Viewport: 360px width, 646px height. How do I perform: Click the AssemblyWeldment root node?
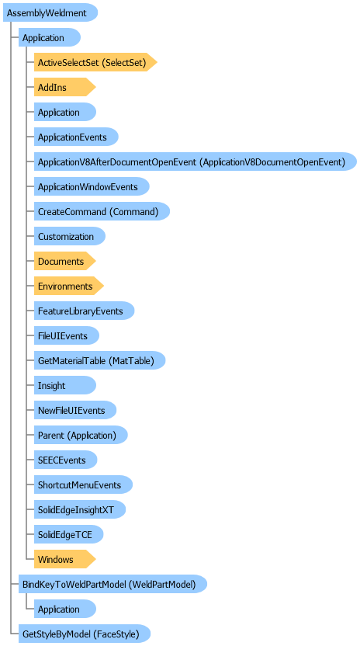pos(50,12)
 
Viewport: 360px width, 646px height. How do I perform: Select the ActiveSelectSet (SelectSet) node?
pos(95,63)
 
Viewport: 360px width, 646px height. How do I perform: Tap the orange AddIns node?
pos(64,87)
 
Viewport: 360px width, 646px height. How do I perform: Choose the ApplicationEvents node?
pos(76,137)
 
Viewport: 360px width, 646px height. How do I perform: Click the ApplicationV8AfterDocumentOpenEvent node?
pos(196,162)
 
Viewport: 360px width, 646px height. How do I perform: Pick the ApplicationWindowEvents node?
pos(92,186)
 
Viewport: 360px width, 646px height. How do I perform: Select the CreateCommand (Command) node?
pos(102,211)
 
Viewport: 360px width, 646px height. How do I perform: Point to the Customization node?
pos(70,237)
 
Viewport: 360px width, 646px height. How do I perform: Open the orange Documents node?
pos(64,261)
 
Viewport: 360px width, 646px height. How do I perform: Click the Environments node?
pos(69,286)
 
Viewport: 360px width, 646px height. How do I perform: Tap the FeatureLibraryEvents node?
pos(84,311)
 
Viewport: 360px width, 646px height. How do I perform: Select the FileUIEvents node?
pos(66,335)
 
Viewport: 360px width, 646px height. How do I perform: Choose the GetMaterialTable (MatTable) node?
pos(99,360)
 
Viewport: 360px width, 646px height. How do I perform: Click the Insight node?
pos(64,385)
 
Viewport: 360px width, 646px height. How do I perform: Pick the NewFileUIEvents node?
pos(75,410)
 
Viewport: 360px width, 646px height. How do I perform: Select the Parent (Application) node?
pos(81,435)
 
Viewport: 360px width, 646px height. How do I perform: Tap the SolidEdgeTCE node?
pos(68,534)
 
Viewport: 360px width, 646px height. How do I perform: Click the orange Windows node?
pos(64,559)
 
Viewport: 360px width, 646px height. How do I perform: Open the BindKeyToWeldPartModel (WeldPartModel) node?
pos(112,584)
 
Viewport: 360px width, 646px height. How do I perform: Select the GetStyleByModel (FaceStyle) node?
pos(84,634)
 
